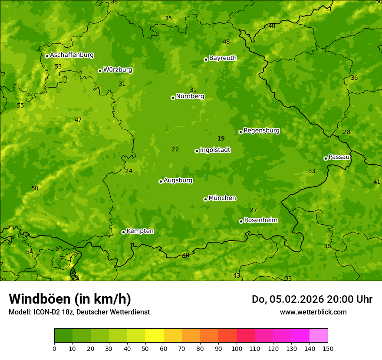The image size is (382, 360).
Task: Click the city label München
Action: [x=222, y=198]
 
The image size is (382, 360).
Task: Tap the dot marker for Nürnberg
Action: [x=173, y=98]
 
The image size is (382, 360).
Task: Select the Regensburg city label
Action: [x=261, y=131]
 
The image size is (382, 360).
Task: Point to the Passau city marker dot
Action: [x=326, y=158]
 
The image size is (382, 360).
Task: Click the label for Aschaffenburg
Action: [x=72, y=55]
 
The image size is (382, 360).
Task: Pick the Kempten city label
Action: [x=140, y=231]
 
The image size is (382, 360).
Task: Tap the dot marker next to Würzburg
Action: [x=100, y=71]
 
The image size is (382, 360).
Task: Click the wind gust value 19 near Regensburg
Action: [x=221, y=139]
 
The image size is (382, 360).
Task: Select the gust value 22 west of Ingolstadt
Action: [x=175, y=150]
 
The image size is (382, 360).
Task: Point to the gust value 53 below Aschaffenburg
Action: [x=58, y=67]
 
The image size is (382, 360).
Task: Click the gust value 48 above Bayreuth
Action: [x=226, y=42]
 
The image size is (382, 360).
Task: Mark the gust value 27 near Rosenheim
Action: [x=253, y=210]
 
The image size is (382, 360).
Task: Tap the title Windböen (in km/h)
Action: [x=70, y=299]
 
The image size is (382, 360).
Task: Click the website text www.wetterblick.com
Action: [x=313, y=312]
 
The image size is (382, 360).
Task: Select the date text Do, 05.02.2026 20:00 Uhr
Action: [x=312, y=299]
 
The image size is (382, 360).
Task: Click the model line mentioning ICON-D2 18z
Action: [x=79, y=312]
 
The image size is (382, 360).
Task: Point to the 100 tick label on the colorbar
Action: [x=237, y=348]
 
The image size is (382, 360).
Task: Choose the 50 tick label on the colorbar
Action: [x=145, y=348]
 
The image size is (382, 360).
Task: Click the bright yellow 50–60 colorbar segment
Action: [x=155, y=336]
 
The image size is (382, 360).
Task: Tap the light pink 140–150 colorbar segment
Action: [x=319, y=336]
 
